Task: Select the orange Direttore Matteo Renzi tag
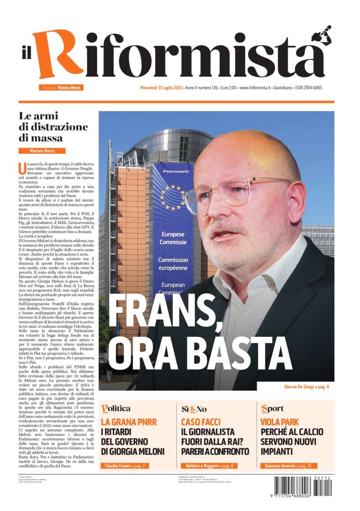click(x=61, y=88)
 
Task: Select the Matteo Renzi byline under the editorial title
click(x=42, y=151)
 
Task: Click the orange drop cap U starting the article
click(x=22, y=168)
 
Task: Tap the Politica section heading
click(x=116, y=408)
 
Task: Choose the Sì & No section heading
click(x=194, y=409)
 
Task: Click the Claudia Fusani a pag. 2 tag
click(x=124, y=466)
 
